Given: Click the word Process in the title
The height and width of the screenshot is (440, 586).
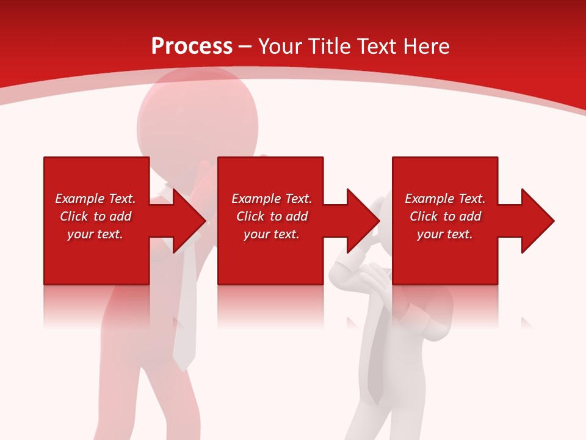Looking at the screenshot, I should (192, 46).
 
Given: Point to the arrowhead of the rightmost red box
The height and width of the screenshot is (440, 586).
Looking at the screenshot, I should (537, 221).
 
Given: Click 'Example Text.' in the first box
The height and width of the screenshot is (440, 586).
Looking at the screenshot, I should (95, 199).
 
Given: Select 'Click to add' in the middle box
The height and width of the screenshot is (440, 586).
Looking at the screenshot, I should (272, 216).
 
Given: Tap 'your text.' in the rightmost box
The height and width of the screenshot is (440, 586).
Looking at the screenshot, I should (444, 234).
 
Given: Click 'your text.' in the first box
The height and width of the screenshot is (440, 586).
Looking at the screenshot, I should (95, 234).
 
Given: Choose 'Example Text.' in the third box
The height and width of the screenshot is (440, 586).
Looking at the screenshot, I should (445, 199).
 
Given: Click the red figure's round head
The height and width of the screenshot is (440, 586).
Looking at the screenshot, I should (183, 122).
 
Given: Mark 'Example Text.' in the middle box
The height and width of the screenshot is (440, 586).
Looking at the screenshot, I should (272, 199).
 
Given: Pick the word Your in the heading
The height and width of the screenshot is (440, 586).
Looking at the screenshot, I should (279, 46).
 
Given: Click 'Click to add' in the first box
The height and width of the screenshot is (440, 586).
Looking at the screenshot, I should (95, 216).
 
